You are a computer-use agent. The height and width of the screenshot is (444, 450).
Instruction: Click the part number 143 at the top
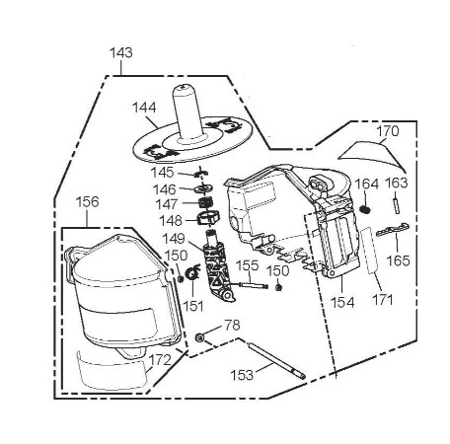(x=121, y=53)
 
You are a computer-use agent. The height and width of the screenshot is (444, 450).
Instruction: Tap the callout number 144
(x=144, y=108)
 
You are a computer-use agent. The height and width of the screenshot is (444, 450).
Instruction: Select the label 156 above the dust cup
(x=87, y=202)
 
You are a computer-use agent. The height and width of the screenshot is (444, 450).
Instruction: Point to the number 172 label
(x=160, y=360)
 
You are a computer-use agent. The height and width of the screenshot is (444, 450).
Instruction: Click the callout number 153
(x=242, y=375)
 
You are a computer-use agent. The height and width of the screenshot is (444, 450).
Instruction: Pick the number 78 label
(x=232, y=326)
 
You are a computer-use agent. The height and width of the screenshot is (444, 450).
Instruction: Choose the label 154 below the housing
(x=342, y=303)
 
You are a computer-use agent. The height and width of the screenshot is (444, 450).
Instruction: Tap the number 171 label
(x=383, y=300)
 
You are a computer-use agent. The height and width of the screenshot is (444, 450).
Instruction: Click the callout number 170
(x=388, y=131)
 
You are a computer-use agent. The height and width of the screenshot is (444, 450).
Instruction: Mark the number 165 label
(x=398, y=260)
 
